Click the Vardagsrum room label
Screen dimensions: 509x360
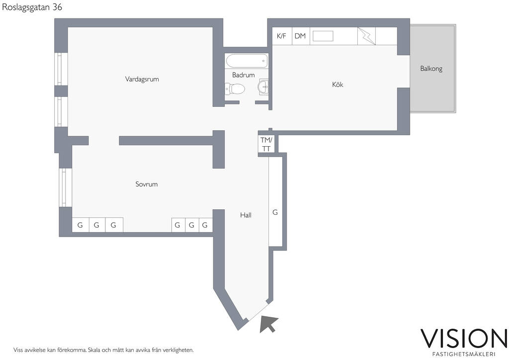[x=142, y=79]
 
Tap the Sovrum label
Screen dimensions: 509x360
[x=147, y=184]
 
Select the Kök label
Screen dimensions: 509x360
[x=338, y=85]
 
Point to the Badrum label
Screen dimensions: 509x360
[x=244, y=75]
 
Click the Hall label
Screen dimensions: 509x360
[x=246, y=215]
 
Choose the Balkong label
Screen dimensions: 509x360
[x=431, y=69]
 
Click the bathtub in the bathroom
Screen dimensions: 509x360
[x=247, y=61]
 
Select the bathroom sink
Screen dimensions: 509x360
[x=263, y=87]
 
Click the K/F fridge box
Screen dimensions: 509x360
[x=282, y=36]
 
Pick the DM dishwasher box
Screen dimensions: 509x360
[x=300, y=36]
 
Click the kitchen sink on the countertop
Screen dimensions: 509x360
[x=323, y=36]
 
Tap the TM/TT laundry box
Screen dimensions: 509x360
[x=266, y=144]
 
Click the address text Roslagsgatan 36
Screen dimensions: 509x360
[x=32, y=7]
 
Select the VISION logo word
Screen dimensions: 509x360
[x=464, y=339]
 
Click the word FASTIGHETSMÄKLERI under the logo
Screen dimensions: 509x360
[x=464, y=354]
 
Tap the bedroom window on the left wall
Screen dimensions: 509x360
[x=65, y=187]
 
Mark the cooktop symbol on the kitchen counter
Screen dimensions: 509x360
[x=366, y=36]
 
